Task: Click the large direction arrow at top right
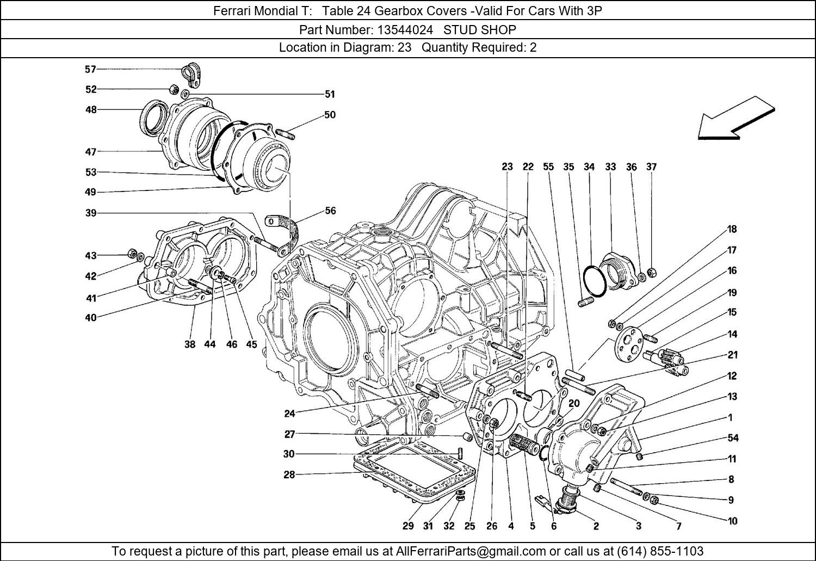735,120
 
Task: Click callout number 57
90,69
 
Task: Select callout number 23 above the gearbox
507,167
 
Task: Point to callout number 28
289,474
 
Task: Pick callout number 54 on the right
733,438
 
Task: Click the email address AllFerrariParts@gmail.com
471,551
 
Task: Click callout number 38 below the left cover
189,344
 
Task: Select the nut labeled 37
654,272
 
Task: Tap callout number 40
90,317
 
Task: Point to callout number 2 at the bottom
596,526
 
